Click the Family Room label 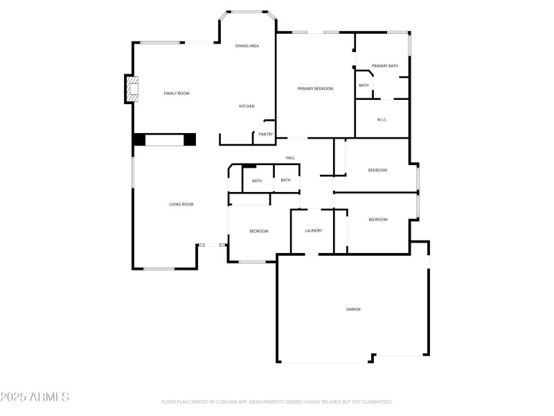176,93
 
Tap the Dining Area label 247,46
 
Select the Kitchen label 247,106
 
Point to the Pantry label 266,134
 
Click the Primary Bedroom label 315,89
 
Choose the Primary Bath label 385,66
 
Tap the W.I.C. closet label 382,120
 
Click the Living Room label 181,205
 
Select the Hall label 290,158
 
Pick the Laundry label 314,231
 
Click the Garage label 353,309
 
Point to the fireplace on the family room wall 130,89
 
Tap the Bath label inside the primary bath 364,85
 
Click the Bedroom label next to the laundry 258,231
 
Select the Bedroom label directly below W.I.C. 377,170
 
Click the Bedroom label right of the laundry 377,220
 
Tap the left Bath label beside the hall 257,181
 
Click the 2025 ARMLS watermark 35,397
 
